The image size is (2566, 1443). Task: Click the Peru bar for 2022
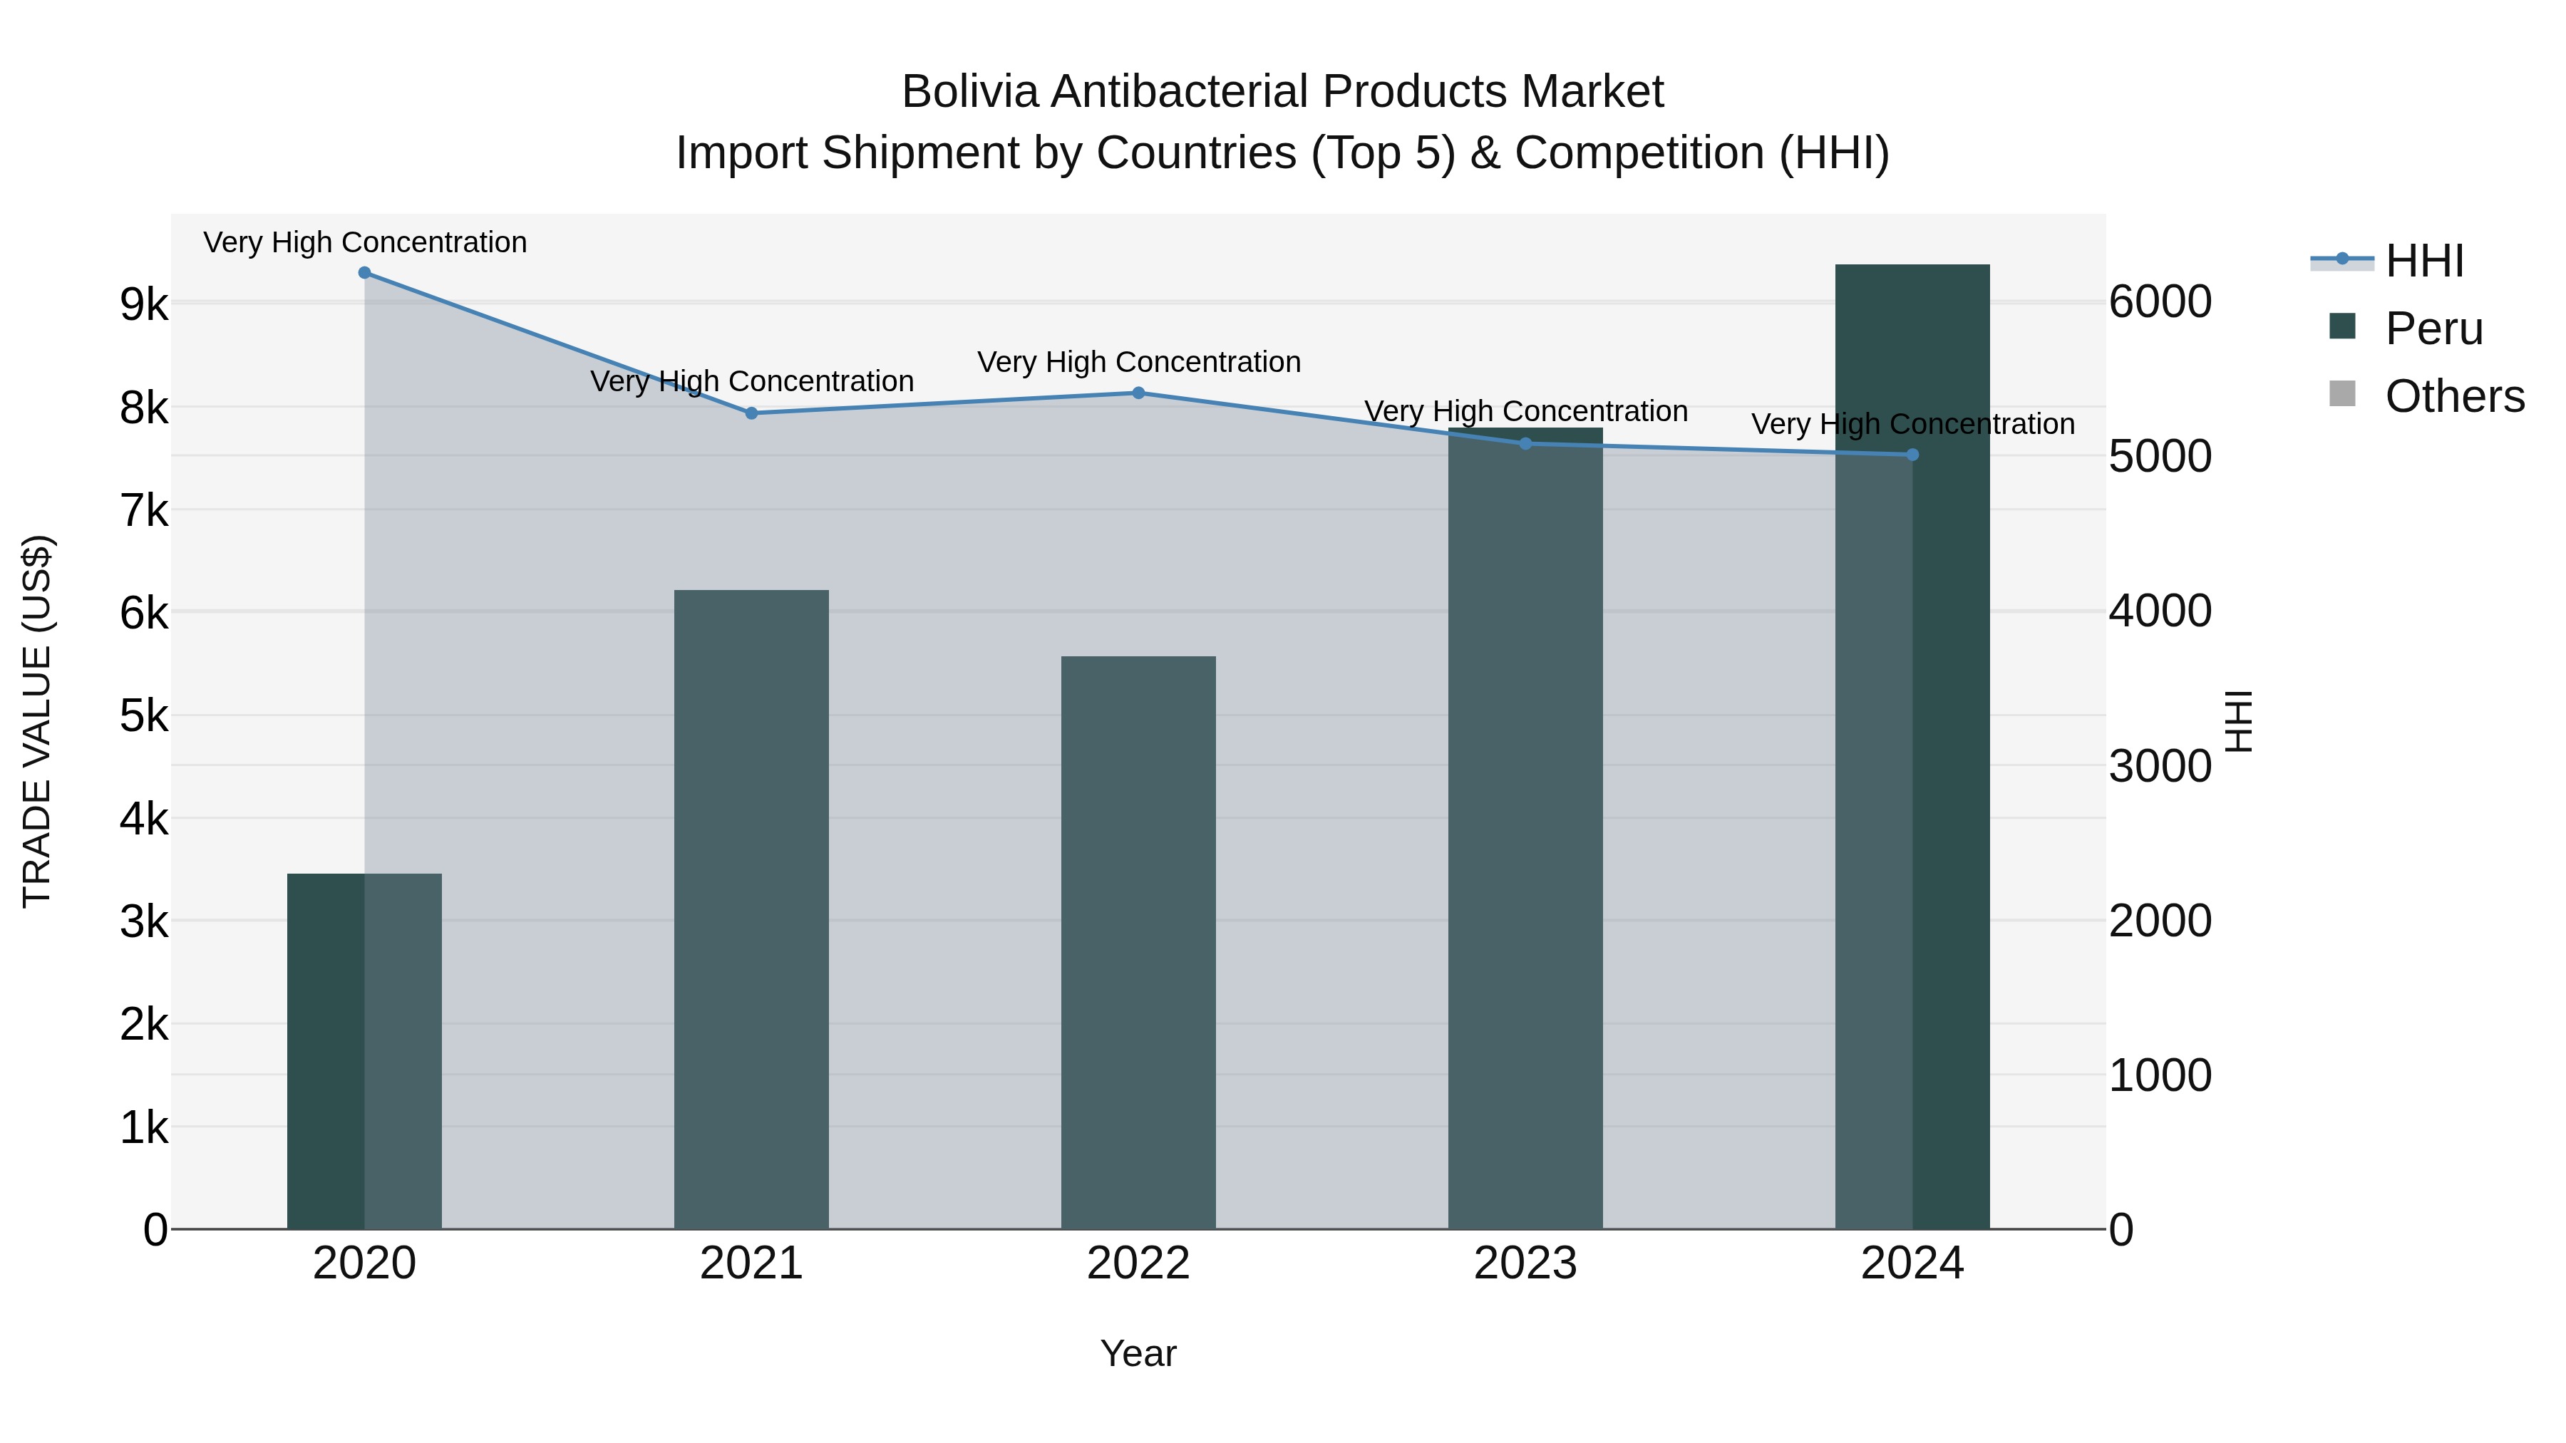tap(1138, 942)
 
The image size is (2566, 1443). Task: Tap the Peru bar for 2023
tap(1525, 829)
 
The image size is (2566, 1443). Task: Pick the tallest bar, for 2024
tap(1912, 747)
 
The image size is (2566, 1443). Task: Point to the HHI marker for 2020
tap(364, 273)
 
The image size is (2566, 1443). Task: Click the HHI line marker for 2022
tap(1138, 393)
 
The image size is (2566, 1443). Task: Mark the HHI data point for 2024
tap(1912, 455)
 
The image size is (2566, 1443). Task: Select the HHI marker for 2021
tap(752, 413)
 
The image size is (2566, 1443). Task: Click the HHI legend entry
tap(2423, 261)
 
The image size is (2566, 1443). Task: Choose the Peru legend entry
tap(2433, 329)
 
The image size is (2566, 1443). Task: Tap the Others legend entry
tap(2453, 396)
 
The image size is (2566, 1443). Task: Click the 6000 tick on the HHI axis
tap(2160, 301)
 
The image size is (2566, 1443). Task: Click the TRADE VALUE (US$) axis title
tap(38, 721)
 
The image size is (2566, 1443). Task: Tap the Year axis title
tap(1138, 1353)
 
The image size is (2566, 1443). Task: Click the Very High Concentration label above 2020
tap(364, 243)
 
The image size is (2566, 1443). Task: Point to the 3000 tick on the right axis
tap(2160, 767)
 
